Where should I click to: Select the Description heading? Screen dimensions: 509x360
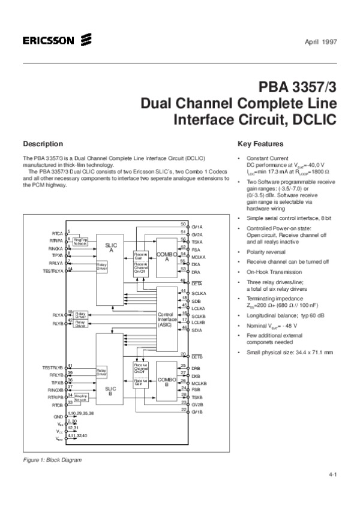43,144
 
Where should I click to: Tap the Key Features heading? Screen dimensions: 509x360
260,144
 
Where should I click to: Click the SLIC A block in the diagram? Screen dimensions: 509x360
111,248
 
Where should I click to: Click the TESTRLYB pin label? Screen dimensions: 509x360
53,367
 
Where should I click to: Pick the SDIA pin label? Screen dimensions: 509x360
196,330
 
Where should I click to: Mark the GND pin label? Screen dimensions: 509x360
59,415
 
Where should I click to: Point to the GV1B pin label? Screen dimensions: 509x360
197,411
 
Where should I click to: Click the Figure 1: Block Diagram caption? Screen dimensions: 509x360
52,460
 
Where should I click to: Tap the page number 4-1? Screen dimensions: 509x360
332,475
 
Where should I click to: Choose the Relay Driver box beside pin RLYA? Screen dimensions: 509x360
81,314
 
